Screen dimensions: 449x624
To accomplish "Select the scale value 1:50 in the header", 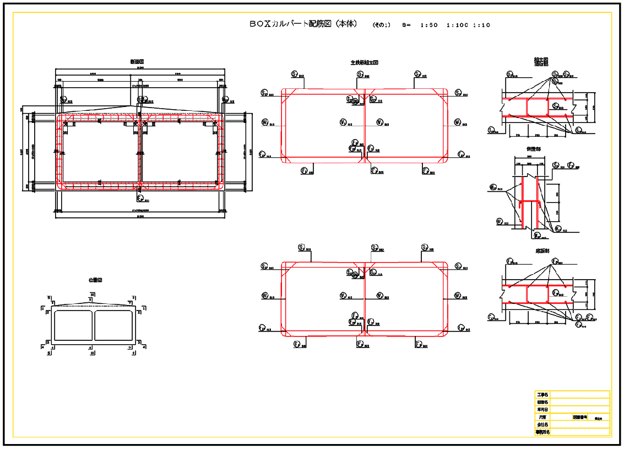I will click(428, 25).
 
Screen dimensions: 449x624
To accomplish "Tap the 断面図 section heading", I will click(137, 61).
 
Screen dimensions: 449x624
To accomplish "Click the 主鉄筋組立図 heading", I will click(364, 63).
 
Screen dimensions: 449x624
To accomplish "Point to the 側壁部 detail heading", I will click(534, 149).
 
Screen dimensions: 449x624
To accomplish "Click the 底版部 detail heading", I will click(534, 250).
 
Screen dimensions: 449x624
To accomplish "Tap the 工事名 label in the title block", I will click(542, 395).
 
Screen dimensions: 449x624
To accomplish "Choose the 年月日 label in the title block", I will click(542, 410).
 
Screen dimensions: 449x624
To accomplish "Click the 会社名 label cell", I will click(542, 425).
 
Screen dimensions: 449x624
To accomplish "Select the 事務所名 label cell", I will click(542, 432).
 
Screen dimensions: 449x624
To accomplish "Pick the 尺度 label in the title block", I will click(542, 418).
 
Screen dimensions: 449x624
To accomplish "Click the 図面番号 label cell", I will click(580, 418).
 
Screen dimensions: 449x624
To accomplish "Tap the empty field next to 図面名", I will click(580, 403).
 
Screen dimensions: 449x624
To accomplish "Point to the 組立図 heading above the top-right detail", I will click(541, 60).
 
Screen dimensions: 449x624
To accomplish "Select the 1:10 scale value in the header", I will click(481, 25).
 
